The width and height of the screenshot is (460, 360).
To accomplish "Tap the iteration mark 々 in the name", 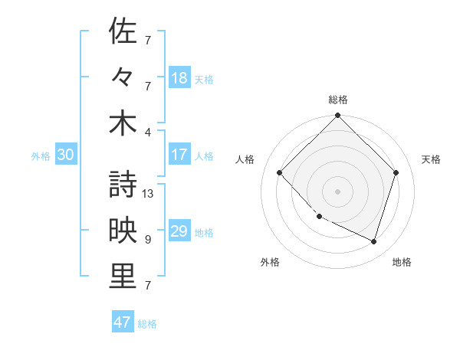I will tap(123, 77).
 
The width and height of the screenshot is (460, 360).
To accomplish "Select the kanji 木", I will tap(123, 123).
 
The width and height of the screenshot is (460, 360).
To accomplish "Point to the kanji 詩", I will tap(123, 185).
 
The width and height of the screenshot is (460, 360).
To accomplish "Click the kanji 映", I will tap(123, 231).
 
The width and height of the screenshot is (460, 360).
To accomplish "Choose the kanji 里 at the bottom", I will tap(123, 277).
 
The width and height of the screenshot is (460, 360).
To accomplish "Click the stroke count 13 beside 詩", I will tap(149, 194).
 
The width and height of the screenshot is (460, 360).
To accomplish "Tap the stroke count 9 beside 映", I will tap(147, 240).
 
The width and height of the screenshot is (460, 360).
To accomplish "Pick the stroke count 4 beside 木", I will tap(147, 133).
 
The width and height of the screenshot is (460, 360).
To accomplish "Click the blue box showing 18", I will tap(179, 78).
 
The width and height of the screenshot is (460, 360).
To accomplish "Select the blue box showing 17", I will tap(179, 155).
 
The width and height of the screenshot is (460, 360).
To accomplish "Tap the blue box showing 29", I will tap(179, 231).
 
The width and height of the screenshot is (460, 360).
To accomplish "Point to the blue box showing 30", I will tap(66, 155).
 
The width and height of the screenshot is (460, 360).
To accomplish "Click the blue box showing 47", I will tap(123, 322).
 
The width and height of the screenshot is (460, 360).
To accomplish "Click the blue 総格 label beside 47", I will tap(147, 324).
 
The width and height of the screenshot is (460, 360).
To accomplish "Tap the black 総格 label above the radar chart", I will tap(338, 100).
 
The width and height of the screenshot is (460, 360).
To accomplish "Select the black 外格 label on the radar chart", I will tap(270, 263).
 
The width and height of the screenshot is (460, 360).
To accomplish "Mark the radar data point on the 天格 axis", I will tap(396, 172).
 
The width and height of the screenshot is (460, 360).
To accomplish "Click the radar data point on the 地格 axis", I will tap(374, 241).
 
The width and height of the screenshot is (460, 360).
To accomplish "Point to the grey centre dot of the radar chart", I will tap(337, 191).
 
